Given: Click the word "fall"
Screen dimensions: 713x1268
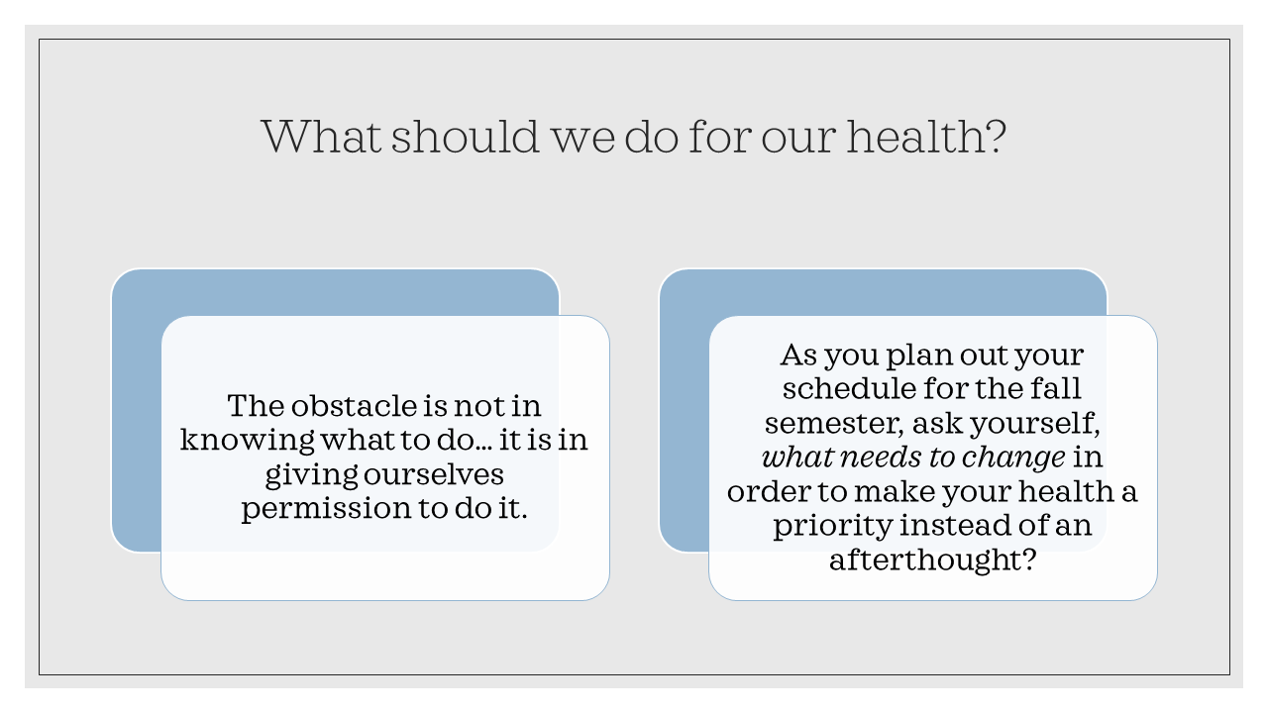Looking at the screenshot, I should tap(1058, 389).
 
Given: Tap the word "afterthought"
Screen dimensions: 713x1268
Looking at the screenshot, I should tap(932, 560).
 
